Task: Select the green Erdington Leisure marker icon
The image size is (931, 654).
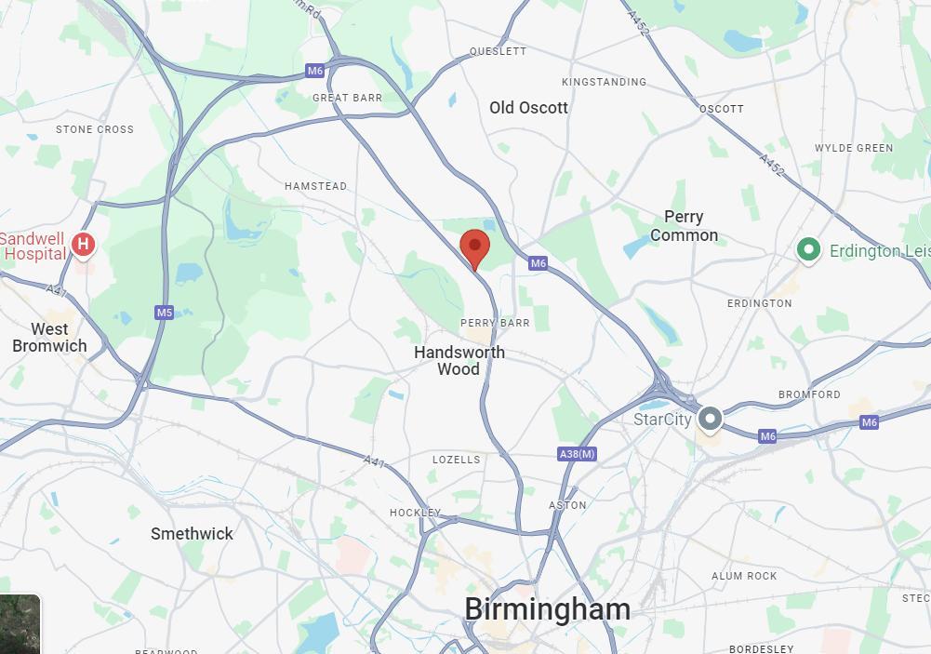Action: click(808, 249)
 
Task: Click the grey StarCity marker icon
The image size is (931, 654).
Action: click(710, 419)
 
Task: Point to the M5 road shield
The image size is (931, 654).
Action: click(165, 313)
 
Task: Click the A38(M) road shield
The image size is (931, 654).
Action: click(577, 454)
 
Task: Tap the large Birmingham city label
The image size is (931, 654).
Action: click(547, 609)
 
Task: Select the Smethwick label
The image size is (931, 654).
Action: click(192, 534)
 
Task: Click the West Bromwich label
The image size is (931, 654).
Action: click(49, 338)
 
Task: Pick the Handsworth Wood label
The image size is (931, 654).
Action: click(459, 361)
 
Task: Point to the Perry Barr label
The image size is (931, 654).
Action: click(495, 323)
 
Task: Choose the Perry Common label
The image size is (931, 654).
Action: click(684, 226)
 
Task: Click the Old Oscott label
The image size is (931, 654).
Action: click(528, 108)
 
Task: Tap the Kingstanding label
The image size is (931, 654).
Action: click(604, 82)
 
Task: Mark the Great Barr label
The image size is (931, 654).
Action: click(347, 98)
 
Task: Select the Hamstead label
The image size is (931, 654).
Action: click(315, 186)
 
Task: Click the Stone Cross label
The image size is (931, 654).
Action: click(95, 129)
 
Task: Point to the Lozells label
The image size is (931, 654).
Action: click(457, 460)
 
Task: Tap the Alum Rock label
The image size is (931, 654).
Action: click(744, 576)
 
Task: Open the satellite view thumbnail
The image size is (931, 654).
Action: click(20, 624)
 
